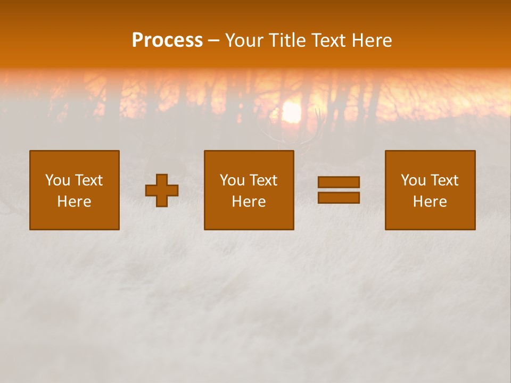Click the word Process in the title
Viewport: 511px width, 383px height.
tap(167, 40)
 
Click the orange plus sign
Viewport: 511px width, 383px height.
tap(162, 190)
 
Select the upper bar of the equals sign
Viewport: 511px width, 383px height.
tap(339, 182)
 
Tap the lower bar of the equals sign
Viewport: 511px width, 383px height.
tap(339, 198)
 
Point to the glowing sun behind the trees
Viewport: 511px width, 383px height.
tap(291, 112)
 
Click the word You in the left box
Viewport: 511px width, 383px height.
tap(57, 180)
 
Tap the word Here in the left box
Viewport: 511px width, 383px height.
tap(74, 202)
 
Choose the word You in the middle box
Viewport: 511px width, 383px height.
tap(232, 180)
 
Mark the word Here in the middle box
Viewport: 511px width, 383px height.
tap(249, 202)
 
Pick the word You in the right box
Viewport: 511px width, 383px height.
tap(413, 180)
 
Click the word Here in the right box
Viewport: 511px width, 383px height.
tap(430, 202)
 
